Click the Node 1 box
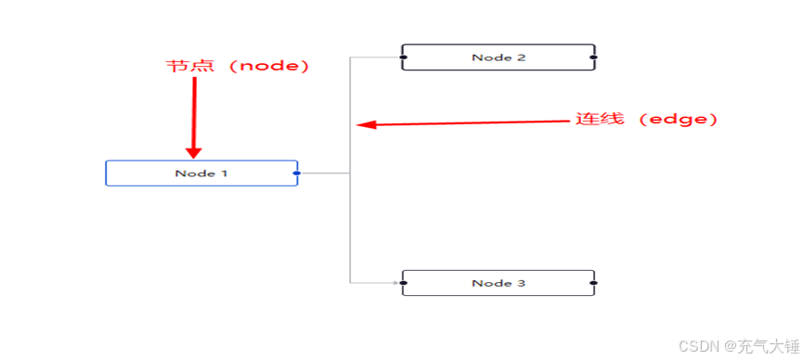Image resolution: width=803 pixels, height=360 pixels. [x=201, y=174]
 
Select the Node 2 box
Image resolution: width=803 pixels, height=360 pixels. [x=498, y=58]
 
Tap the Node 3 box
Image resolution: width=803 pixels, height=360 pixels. [x=498, y=283]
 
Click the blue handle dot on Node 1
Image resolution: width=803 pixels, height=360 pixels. [x=296, y=174]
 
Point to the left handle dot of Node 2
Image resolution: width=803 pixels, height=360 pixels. [x=403, y=58]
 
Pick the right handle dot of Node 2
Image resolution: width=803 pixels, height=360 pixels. [x=593, y=58]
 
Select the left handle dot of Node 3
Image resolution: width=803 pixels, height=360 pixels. [x=403, y=283]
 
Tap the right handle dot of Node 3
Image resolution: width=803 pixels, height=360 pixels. [x=593, y=283]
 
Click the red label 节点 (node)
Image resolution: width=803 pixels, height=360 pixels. [x=237, y=67]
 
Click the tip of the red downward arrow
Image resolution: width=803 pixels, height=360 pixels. [x=194, y=157]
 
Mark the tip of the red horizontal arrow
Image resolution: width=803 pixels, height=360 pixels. [x=360, y=125]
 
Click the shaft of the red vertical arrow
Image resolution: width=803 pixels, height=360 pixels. [x=194, y=111]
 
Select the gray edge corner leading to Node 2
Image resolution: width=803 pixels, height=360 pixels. [x=351, y=58]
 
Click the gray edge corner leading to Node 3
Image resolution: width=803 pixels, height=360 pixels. [x=351, y=282]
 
